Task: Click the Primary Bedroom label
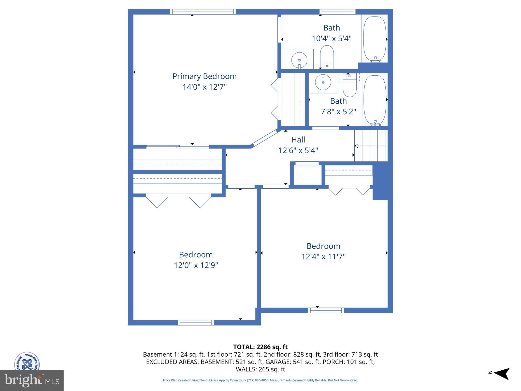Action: [205, 76]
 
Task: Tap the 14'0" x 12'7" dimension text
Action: [205, 87]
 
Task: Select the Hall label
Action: [298, 140]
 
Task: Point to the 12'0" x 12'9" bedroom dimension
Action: [196, 265]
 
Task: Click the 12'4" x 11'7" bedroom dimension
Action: [323, 257]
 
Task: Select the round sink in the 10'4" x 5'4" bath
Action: [299, 60]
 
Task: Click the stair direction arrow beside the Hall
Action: [370, 146]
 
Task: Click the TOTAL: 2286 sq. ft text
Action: [260, 347]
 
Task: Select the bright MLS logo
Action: [32, 381]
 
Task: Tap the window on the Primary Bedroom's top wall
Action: [203, 12]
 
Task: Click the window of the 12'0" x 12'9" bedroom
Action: [196, 323]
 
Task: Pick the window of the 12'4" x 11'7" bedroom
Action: [326, 310]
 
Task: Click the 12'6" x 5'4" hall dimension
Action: [298, 150]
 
